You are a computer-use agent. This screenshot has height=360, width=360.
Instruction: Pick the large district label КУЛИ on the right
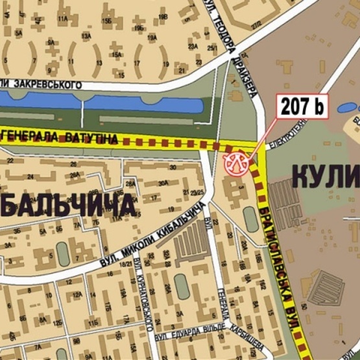[x=324, y=176]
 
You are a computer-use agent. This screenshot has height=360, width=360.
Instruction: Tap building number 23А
[x=193, y=47]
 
